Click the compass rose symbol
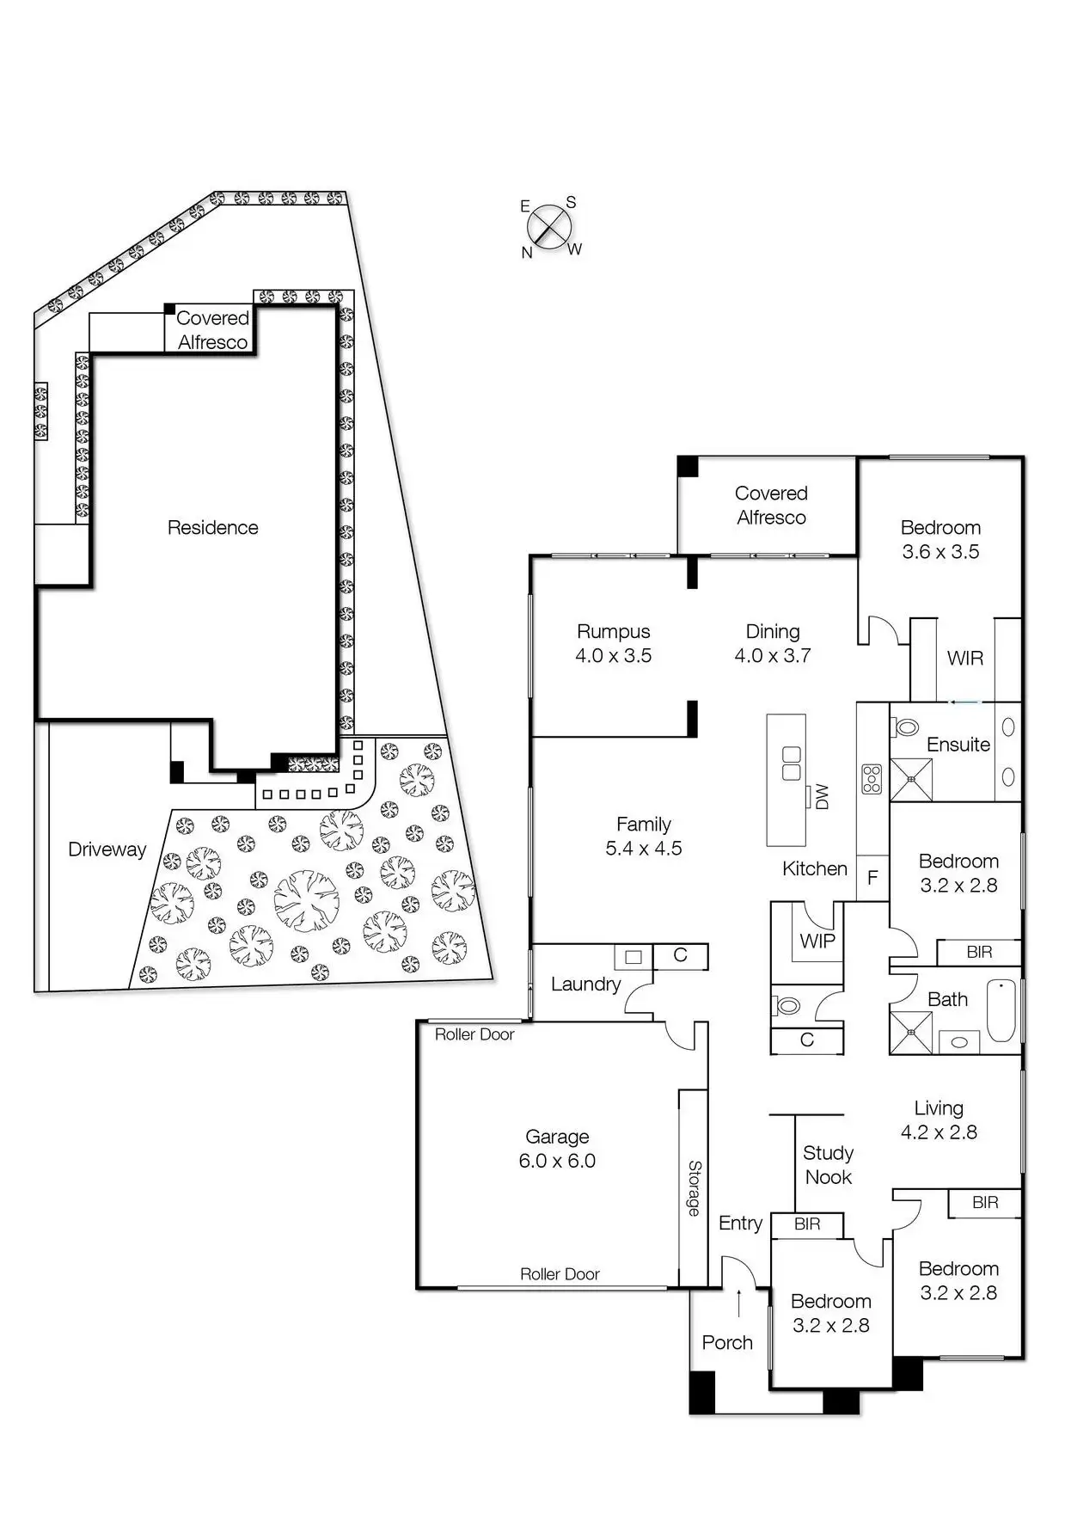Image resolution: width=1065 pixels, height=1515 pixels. (549, 229)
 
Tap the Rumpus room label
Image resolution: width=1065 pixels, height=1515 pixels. (613, 632)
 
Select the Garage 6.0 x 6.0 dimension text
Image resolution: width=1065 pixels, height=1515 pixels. (557, 1161)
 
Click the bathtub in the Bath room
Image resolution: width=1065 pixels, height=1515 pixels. (1001, 1010)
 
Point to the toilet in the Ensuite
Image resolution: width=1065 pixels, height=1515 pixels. (906, 728)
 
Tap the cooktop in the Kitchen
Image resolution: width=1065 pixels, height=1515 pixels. (872, 778)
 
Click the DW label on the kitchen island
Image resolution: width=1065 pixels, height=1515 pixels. (823, 796)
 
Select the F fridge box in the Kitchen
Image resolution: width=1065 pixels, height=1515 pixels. (872, 878)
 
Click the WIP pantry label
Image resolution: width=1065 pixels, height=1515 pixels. (817, 941)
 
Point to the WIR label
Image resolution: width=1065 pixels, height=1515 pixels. (964, 659)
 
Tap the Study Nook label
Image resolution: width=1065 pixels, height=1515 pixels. (828, 1165)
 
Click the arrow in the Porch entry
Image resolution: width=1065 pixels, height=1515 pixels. (739, 1303)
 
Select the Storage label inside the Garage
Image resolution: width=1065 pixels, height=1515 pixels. (695, 1188)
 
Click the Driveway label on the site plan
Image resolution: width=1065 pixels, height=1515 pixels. (107, 850)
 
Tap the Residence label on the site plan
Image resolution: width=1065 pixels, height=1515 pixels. (212, 528)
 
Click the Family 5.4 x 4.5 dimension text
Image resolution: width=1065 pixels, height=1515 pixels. (644, 849)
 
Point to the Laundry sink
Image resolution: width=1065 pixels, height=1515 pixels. (633, 956)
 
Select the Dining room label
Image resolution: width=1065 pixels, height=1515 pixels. (773, 632)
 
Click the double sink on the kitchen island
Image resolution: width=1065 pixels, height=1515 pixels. (791, 763)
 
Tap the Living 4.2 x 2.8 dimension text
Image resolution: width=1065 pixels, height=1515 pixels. (939, 1132)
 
